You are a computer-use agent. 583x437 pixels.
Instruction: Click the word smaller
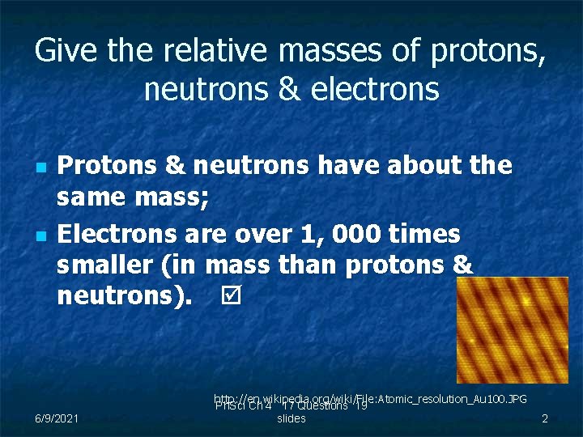coord(105,265)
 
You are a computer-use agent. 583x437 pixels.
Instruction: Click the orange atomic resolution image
coord(512,330)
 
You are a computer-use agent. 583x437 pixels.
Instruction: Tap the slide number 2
coord(545,418)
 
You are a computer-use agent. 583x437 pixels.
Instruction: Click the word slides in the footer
coord(291,419)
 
